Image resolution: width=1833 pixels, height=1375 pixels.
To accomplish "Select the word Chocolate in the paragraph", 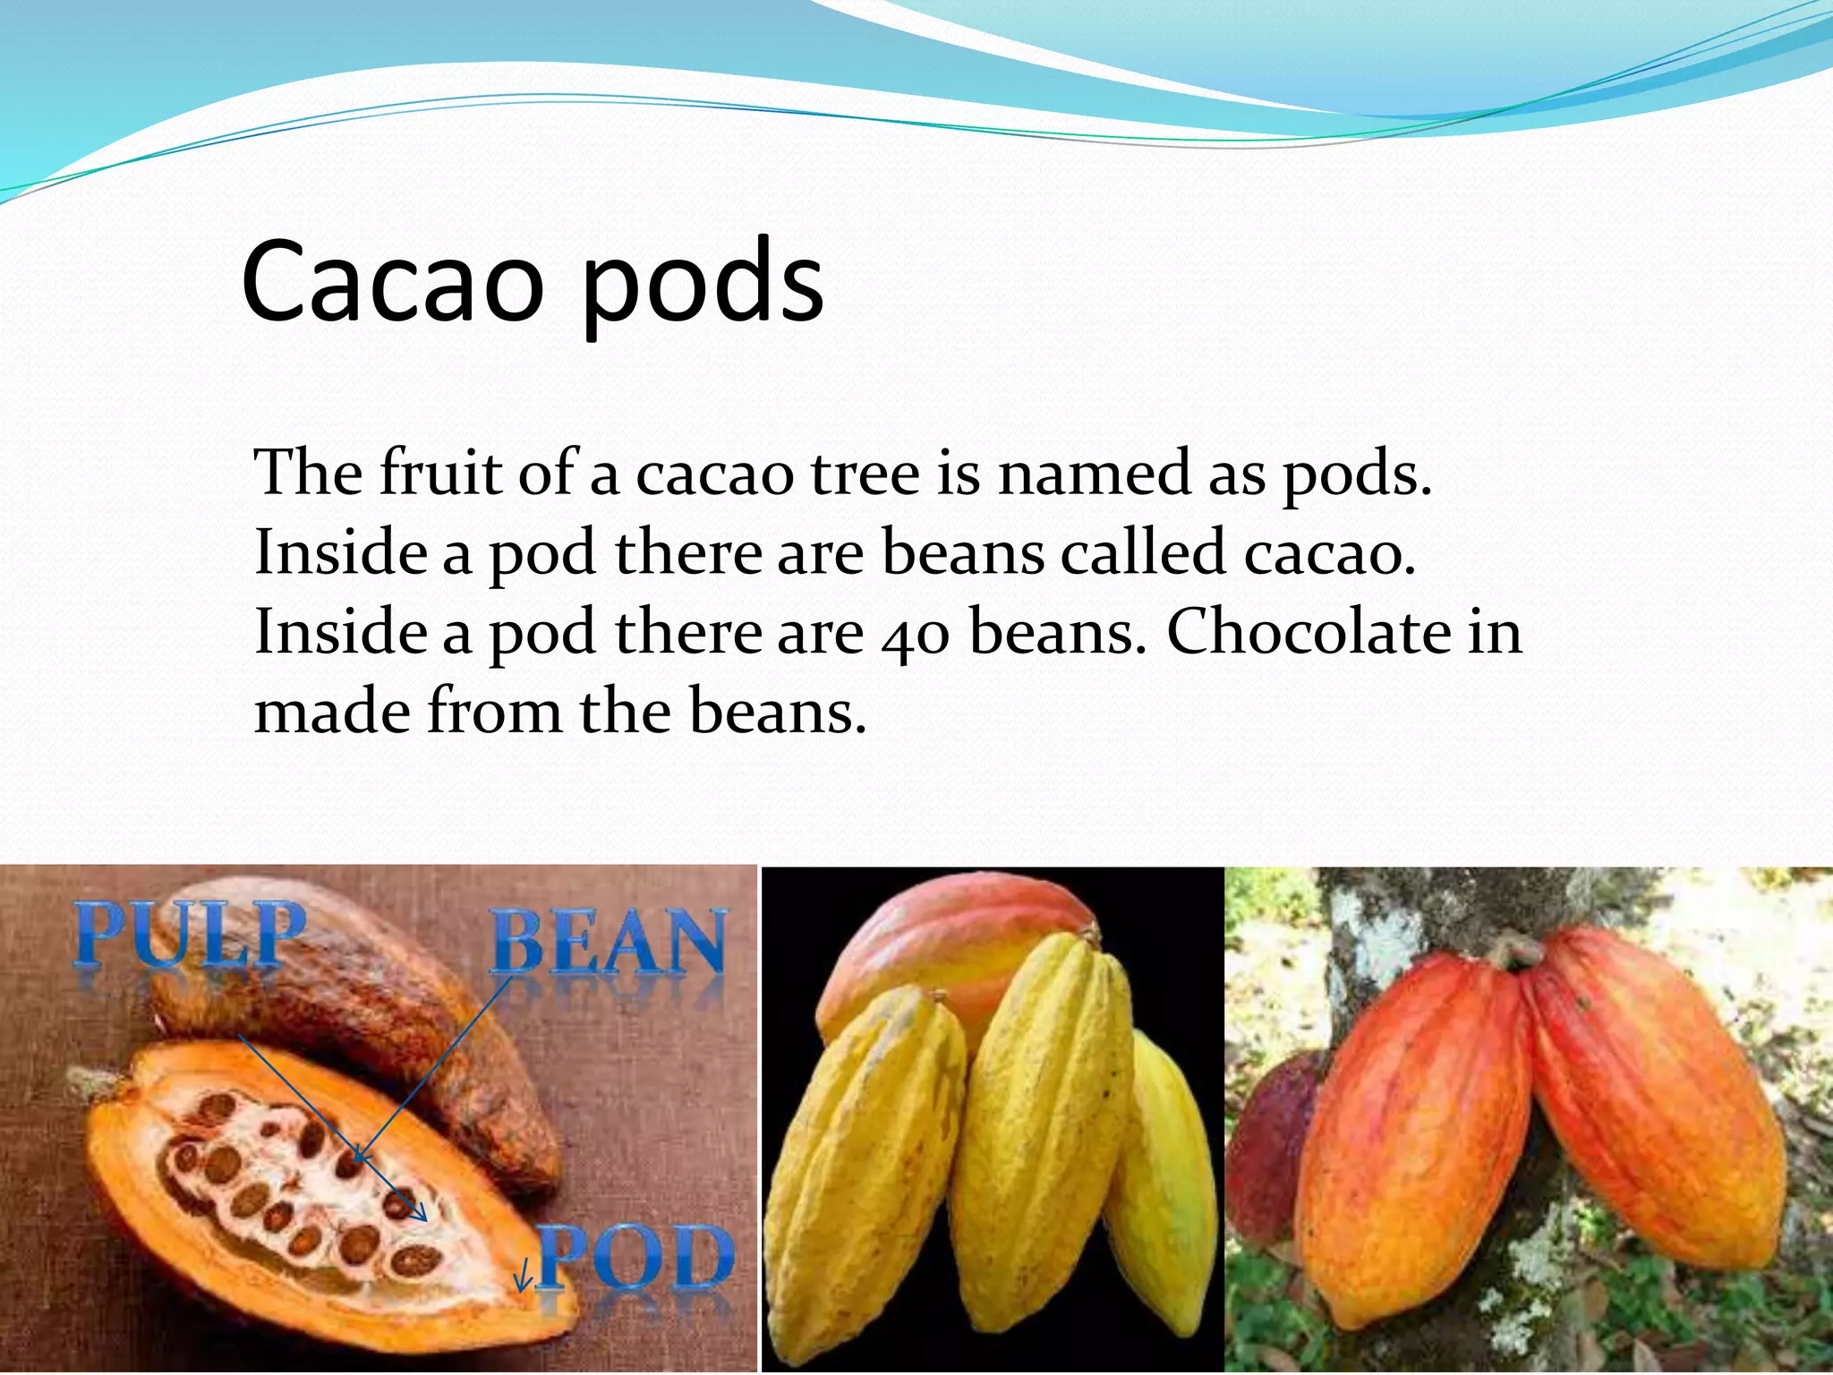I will pyautogui.click(x=1308, y=632).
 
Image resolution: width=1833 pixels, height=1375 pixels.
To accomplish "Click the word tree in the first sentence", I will pyautogui.click(x=865, y=474).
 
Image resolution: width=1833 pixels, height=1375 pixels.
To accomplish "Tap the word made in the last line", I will pyautogui.click(x=331, y=712).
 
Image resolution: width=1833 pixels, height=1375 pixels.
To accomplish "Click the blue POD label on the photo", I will pyautogui.click(x=635, y=1258).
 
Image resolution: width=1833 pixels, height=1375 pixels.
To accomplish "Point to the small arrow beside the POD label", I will pyautogui.click(x=523, y=1275).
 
